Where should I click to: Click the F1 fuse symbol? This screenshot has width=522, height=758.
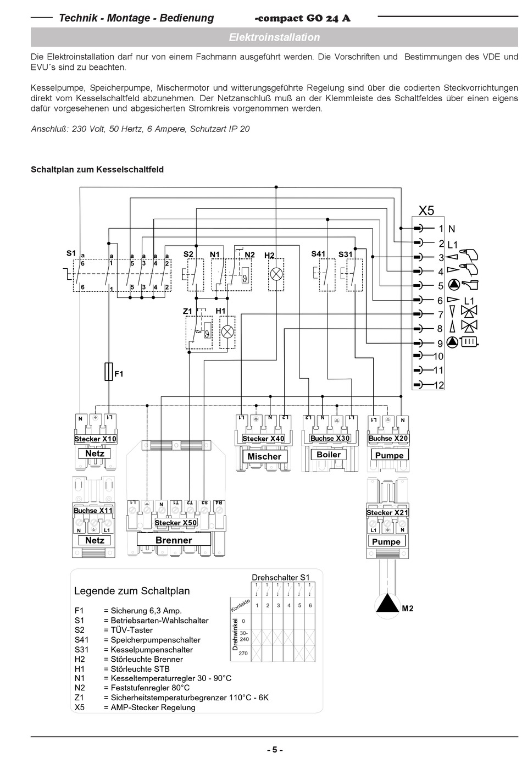pyautogui.click(x=109, y=372)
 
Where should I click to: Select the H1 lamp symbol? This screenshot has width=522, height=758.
pyautogui.click(x=227, y=331)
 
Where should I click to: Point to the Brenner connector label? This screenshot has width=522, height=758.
pyautogui.click(x=174, y=540)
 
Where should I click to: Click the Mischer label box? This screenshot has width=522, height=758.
pyautogui.click(x=264, y=456)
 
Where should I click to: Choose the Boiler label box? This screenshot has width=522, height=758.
pyautogui.click(x=329, y=455)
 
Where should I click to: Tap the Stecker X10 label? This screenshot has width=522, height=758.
pyautogui.click(x=95, y=439)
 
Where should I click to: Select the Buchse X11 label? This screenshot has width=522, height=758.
pyautogui.click(x=93, y=510)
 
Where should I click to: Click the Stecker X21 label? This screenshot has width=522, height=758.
pyautogui.click(x=387, y=512)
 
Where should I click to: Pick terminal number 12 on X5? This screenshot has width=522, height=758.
pyautogui.click(x=438, y=385)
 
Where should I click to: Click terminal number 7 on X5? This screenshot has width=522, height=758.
pyautogui.click(x=440, y=314)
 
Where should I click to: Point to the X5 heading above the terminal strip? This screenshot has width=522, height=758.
pyautogui.click(x=426, y=211)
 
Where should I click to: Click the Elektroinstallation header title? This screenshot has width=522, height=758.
pyautogui.click(x=274, y=37)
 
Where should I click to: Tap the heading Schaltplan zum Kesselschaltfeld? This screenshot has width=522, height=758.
pyautogui.click(x=97, y=169)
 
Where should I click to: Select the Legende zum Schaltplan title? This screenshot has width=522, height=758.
pyautogui.click(x=132, y=591)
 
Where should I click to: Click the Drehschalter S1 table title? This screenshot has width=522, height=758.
pyautogui.click(x=281, y=577)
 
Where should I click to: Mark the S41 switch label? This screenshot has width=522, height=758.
pyautogui.click(x=318, y=253)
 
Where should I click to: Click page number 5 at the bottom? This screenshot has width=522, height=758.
pyautogui.click(x=274, y=750)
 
